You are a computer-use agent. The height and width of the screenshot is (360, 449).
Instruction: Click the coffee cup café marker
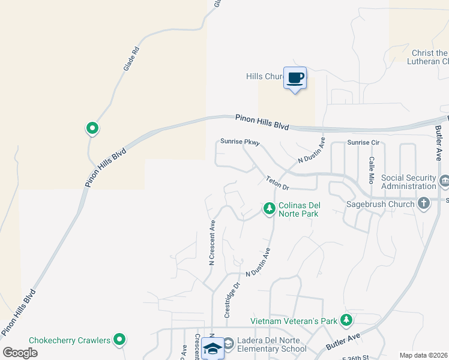295,78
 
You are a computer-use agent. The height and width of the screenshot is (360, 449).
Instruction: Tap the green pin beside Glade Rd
92,128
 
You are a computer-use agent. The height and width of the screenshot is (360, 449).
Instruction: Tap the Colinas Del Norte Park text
298,209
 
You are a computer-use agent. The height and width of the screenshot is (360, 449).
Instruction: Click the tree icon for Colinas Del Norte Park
269,208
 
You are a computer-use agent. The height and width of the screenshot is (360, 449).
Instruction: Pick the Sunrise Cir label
364,143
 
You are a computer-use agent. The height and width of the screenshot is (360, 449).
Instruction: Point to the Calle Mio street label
372,169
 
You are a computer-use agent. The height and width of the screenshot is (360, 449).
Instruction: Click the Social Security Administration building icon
444,181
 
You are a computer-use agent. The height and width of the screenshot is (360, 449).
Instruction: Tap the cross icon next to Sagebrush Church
424,203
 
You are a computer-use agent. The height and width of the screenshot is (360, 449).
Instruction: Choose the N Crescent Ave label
212,242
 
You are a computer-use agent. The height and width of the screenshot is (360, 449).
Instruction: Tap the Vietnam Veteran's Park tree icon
346,321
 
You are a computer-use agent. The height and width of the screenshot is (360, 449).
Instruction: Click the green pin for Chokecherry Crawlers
120,340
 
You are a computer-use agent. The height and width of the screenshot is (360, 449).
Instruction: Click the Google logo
20,353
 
